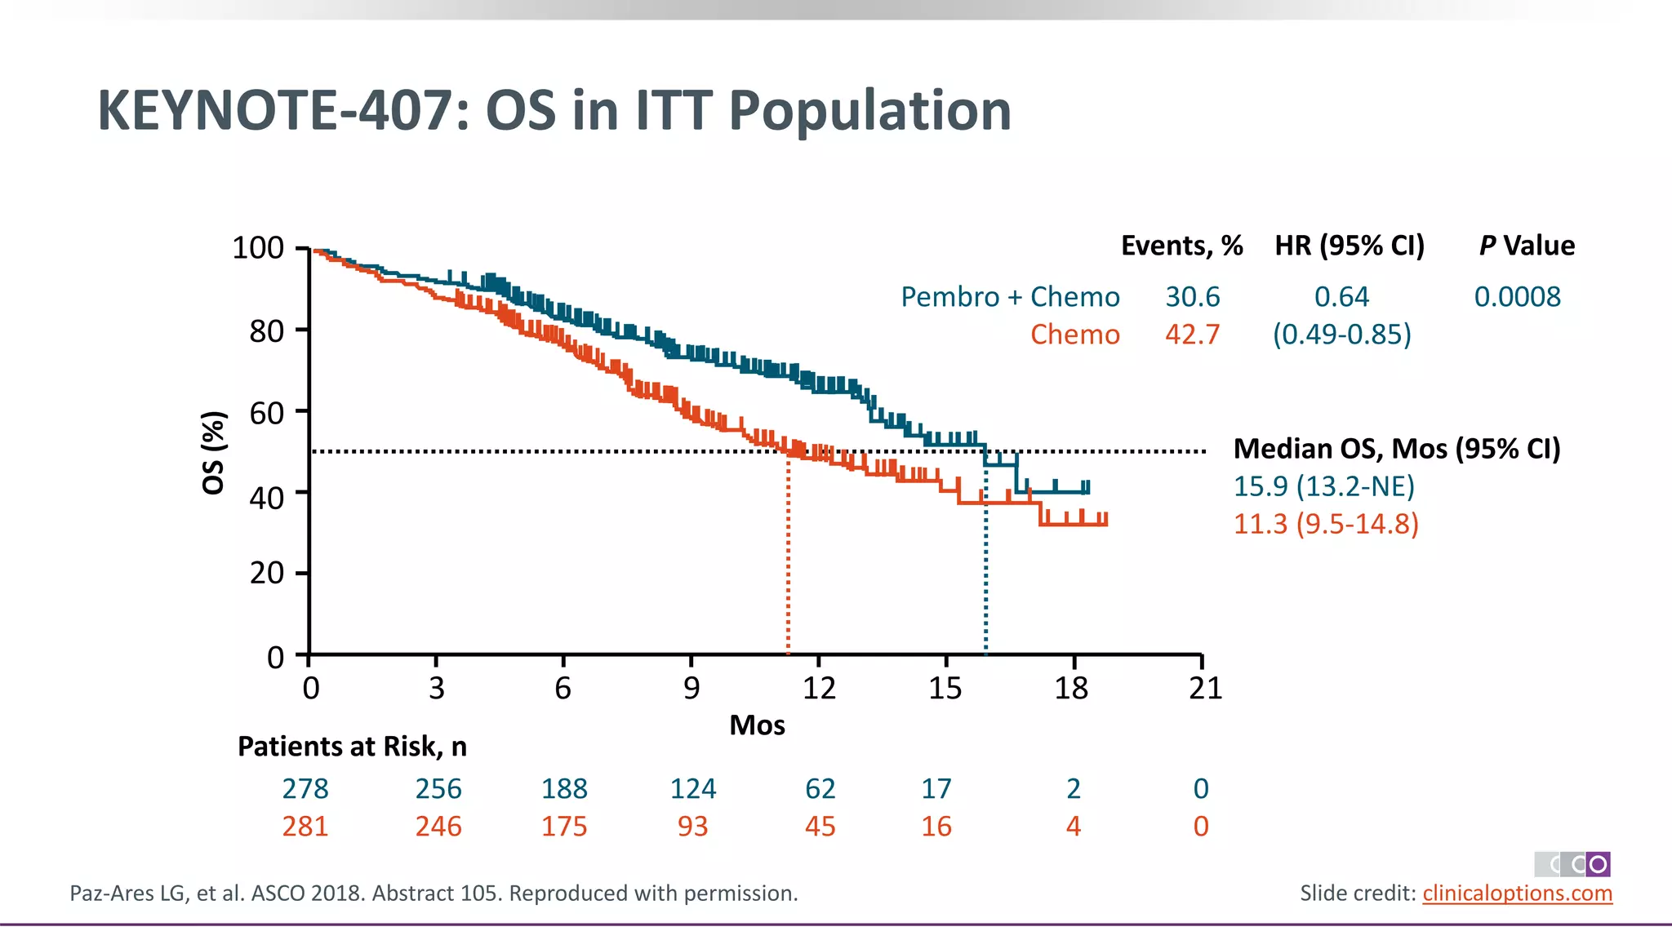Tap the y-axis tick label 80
(266, 331)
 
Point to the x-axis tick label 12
(819, 689)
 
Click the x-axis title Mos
(757, 725)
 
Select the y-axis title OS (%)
(213, 453)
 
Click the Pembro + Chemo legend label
(1010, 297)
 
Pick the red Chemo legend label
(1074, 335)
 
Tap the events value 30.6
(1192, 297)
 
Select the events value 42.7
(1192, 335)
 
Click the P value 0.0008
(1517, 297)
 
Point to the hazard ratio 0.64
(1341, 297)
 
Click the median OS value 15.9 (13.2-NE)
(1323, 486)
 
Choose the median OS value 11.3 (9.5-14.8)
(1326, 524)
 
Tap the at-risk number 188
(564, 789)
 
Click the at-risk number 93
(692, 827)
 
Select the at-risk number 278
(305, 789)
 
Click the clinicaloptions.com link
(1517, 893)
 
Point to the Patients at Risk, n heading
(352, 747)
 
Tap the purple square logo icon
(1598, 864)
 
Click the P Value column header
(1527, 246)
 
